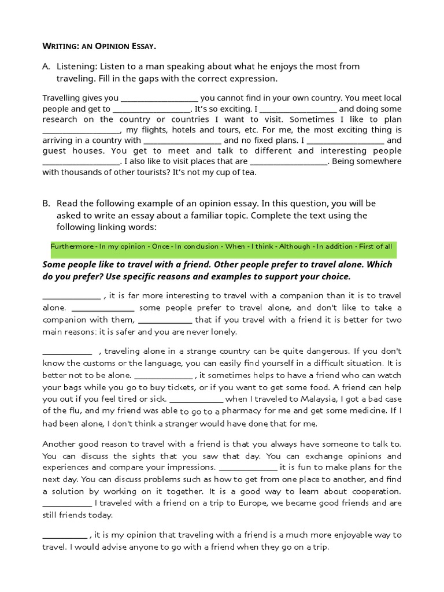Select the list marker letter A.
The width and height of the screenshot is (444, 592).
46,67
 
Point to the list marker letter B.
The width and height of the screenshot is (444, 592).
46,203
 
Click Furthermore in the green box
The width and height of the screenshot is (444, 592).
72,246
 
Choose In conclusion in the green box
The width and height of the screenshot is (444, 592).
198,246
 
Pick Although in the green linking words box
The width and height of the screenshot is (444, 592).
294,246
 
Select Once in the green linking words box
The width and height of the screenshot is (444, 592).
161,246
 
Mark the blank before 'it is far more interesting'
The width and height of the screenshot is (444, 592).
72,297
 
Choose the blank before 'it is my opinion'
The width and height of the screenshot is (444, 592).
64,535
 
